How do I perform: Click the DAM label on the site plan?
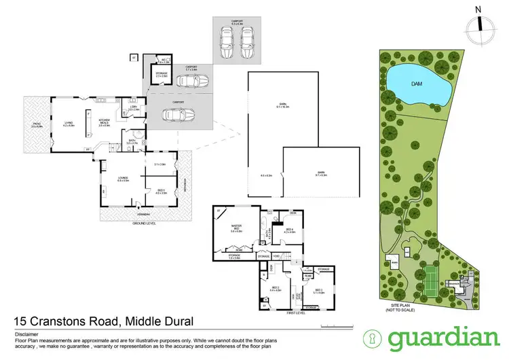[419, 84]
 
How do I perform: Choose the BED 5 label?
[161, 192]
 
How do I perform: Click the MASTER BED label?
[236, 228]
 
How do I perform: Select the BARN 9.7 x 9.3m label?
[321, 174]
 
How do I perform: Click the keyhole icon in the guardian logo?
[372, 338]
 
